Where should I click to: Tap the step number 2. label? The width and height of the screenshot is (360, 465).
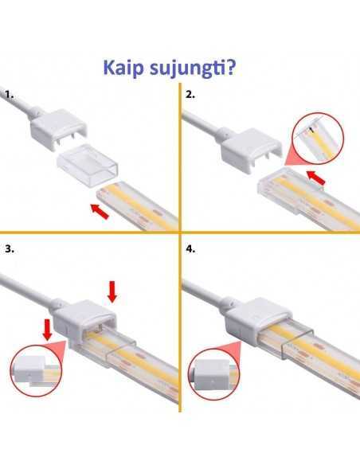[190, 95]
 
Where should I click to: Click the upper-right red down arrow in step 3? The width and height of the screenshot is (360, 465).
[112, 293]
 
